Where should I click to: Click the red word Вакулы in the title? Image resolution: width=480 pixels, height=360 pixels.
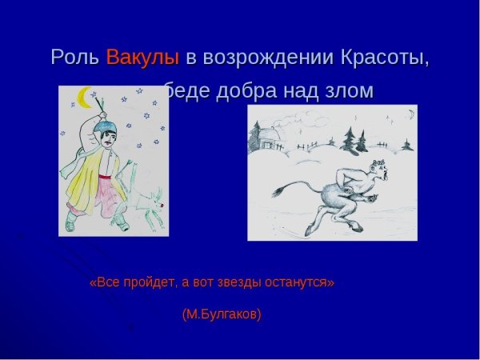[142, 58]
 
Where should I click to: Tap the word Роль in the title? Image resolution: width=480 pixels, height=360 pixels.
[75, 58]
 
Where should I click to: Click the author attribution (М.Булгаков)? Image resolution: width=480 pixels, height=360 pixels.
[222, 314]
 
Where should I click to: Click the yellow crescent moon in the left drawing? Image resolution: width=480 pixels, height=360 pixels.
[83, 97]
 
